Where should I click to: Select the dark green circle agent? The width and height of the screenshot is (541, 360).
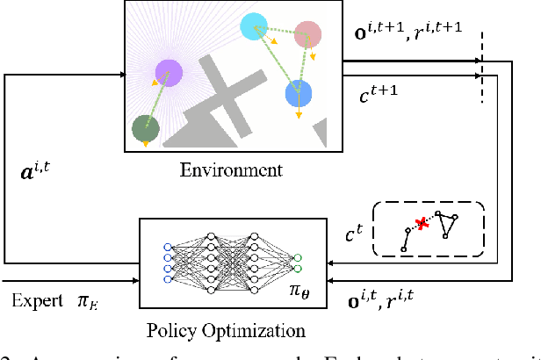145,129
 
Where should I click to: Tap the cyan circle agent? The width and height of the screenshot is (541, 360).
253,26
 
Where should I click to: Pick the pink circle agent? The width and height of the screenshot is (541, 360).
307,34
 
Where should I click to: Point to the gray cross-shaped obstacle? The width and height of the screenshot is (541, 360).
221,97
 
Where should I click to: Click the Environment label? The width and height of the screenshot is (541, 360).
231,169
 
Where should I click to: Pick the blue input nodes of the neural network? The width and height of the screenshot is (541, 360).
169,260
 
